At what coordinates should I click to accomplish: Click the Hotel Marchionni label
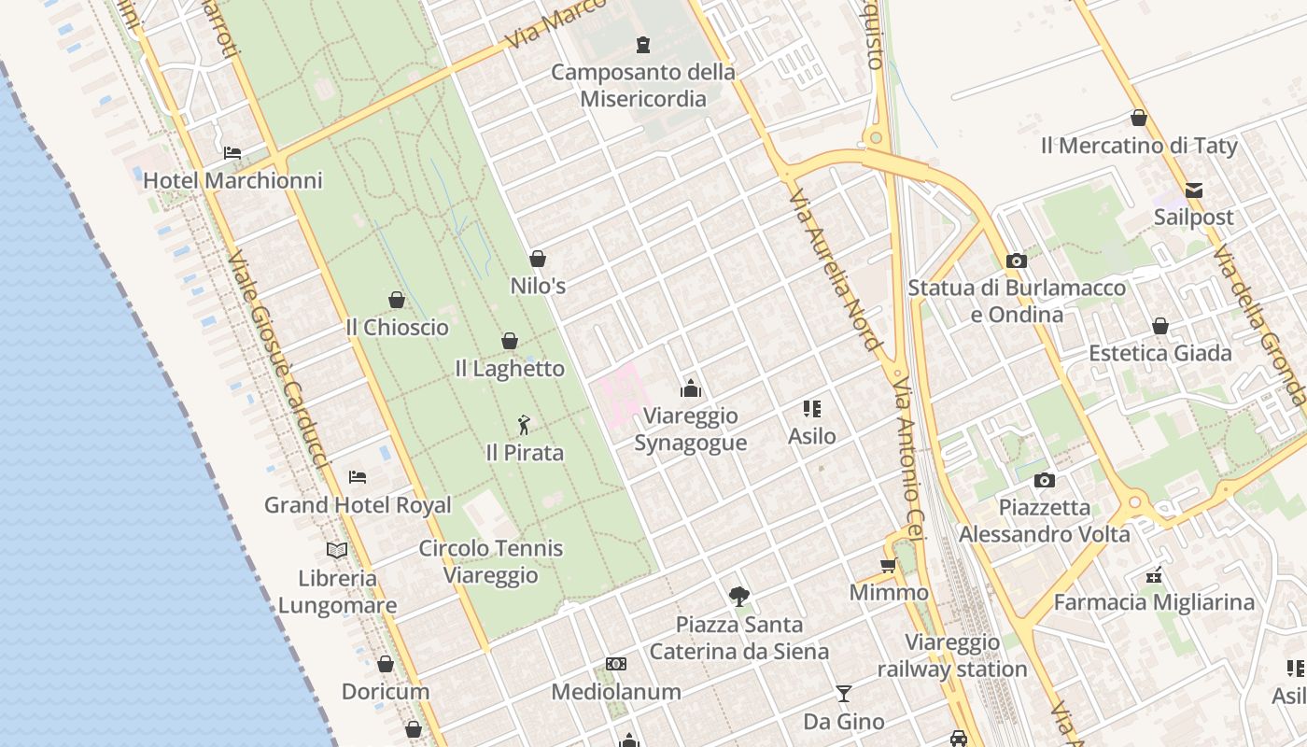(x=232, y=180)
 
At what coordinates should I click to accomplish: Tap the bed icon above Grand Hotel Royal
(x=358, y=476)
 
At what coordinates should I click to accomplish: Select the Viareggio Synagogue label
(x=691, y=430)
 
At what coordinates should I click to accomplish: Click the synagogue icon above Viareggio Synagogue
(x=691, y=388)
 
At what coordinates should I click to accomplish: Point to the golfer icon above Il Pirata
(x=524, y=426)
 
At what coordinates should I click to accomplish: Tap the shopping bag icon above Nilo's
(x=538, y=259)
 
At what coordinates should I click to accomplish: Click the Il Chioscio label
(x=397, y=328)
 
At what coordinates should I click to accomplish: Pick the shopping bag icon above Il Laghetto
(x=510, y=341)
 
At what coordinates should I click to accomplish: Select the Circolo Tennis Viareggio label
(x=490, y=561)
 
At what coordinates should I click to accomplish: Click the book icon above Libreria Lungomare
(x=337, y=550)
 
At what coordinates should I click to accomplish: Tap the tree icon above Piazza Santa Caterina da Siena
(x=739, y=596)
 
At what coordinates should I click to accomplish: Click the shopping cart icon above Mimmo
(x=888, y=565)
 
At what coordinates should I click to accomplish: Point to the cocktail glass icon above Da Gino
(x=844, y=694)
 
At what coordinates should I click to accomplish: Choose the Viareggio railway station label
(x=952, y=655)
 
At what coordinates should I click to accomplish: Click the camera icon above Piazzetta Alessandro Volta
(x=1045, y=480)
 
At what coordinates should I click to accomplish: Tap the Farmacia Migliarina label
(x=1154, y=602)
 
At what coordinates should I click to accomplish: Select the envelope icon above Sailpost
(x=1193, y=190)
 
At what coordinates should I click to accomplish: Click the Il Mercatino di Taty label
(x=1139, y=146)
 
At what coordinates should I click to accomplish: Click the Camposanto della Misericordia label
(x=643, y=85)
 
